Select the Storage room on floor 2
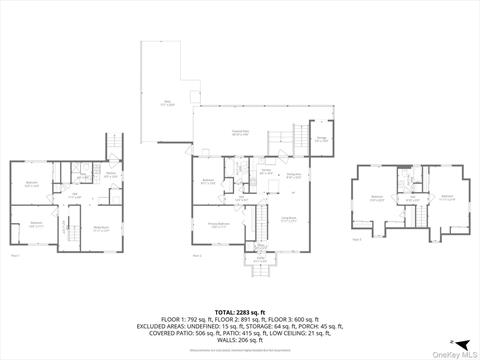point(321,140)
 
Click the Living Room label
point(288,221)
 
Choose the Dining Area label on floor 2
point(294,177)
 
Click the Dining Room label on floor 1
point(101,229)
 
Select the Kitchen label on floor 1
point(112,174)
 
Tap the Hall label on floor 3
point(412,198)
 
